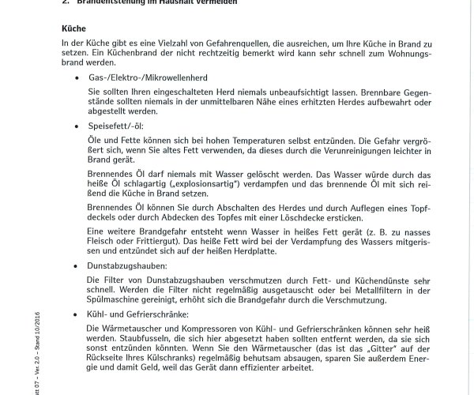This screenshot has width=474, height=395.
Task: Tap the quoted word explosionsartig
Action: pos(197,182)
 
